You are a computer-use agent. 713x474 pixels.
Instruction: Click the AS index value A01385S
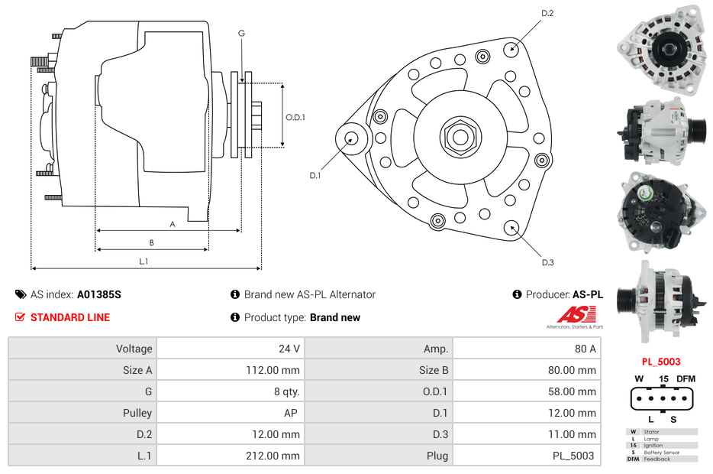pyautogui.click(x=99, y=294)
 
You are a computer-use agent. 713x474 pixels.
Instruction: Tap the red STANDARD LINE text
pyautogui.click(x=70, y=317)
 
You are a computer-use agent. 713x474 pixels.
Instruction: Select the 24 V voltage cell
pyautogui.click(x=289, y=349)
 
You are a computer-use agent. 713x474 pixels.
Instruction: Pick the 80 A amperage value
pyautogui.click(x=586, y=349)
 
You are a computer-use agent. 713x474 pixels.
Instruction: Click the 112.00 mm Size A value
pyautogui.click(x=273, y=370)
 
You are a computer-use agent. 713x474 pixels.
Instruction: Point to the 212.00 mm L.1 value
pyautogui.click(x=273, y=456)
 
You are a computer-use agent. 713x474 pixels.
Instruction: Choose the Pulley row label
pyautogui.click(x=137, y=413)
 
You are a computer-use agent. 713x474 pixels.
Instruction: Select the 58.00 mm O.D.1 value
pyautogui.click(x=572, y=391)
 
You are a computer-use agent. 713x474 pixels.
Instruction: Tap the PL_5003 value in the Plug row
pyautogui.click(x=573, y=456)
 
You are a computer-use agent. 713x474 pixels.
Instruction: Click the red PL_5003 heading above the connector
pyautogui.click(x=661, y=362)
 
